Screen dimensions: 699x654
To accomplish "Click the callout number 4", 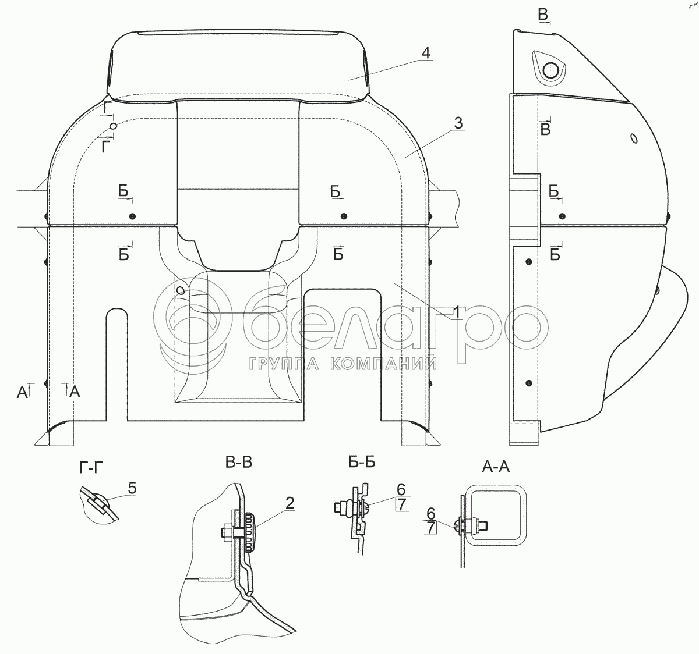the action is coord(426,54).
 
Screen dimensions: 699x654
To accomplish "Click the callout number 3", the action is coord(458,123).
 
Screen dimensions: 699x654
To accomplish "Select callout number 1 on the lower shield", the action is coord(457,312).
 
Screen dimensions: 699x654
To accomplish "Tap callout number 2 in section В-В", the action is coord(290,503).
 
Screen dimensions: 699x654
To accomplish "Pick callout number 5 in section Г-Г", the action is coord(132,488).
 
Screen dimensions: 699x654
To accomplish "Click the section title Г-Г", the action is coord(91,468).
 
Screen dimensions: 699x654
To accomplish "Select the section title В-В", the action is coord(239,463).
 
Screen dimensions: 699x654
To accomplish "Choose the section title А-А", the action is coord(495,467).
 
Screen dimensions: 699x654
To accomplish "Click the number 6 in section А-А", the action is coord(431,514).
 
